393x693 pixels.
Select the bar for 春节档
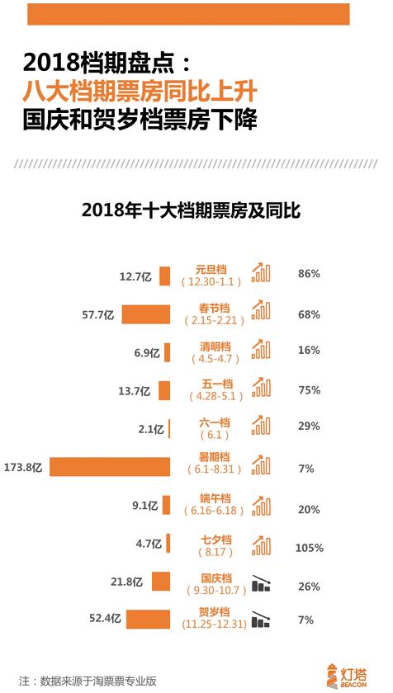pos(146,314)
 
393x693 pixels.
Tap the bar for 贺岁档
pos(149,619)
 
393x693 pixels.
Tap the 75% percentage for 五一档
pos(309,390)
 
